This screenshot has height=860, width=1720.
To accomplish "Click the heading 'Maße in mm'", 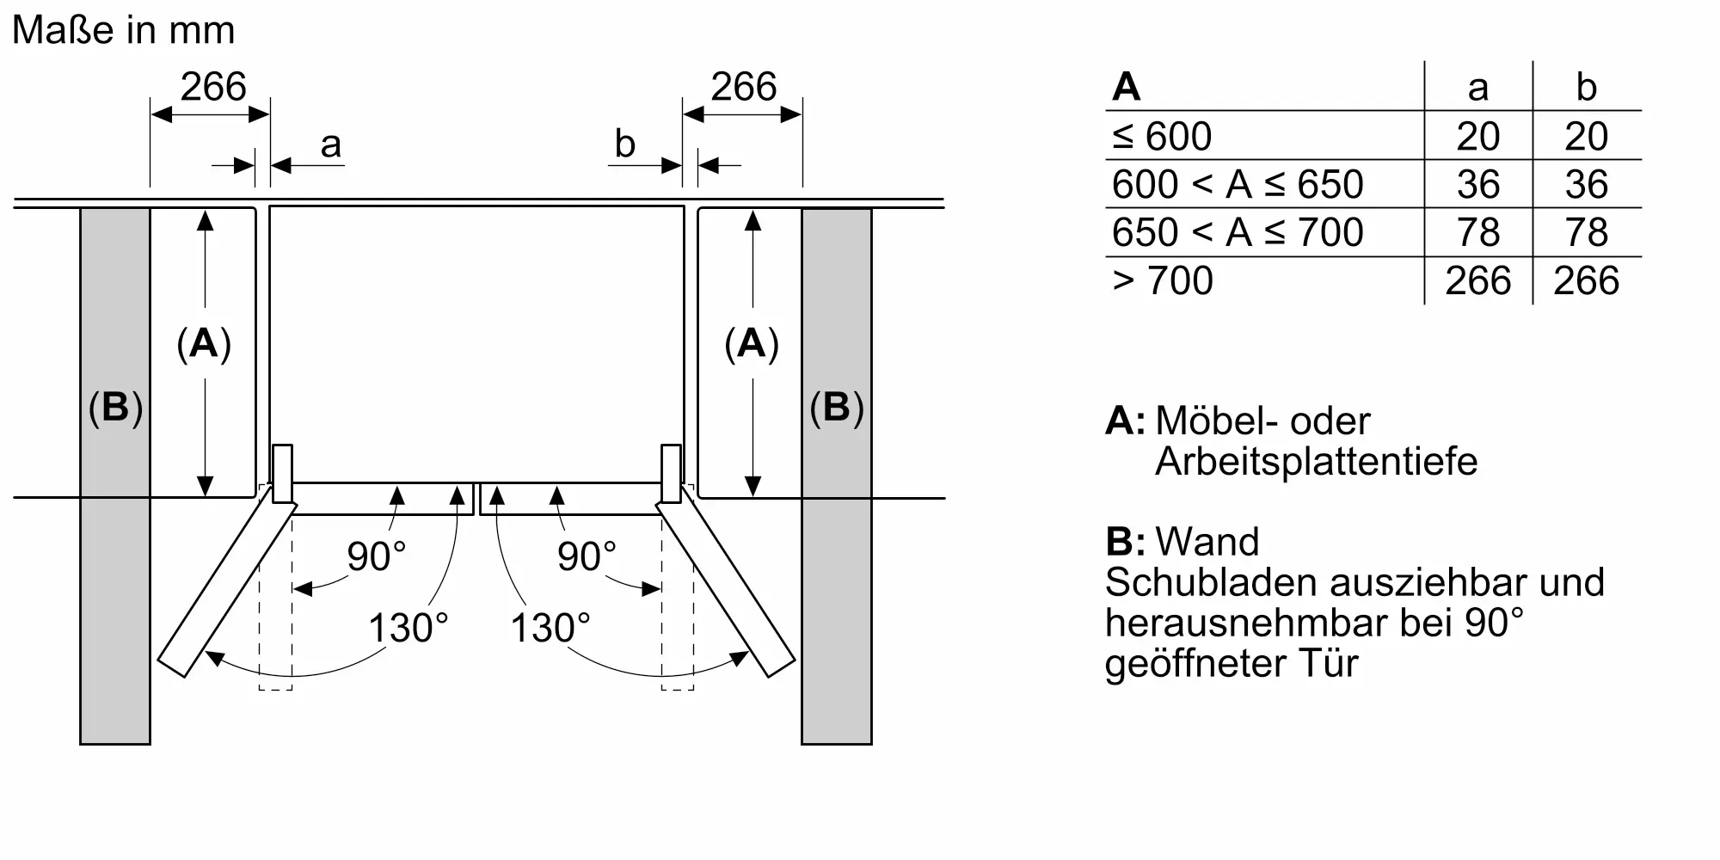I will click(123, 31).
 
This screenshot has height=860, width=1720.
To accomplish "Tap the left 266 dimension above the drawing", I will click(212, 87).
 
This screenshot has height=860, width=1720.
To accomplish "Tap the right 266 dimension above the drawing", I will click(743, 87).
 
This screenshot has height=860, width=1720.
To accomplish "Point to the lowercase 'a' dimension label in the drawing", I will click(330, 145).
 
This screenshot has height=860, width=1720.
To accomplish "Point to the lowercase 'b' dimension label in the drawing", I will click(624, 144).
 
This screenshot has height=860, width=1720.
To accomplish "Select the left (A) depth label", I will click(204, 344).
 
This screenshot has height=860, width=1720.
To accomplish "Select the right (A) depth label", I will click(752, 344).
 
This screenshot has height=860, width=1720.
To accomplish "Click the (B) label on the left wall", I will click(115, 407).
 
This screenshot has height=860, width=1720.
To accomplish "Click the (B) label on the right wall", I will click(836, 407).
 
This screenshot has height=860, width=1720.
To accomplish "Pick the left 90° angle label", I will click(376, 556).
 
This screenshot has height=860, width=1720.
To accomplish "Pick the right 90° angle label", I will click(587, 556).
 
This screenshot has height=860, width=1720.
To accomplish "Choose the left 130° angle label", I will click(408, 628).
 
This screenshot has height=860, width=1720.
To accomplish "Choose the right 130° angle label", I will click(550, 628).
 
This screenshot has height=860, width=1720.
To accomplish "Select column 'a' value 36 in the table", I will click(1477, 184).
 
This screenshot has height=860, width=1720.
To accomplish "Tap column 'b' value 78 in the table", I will click(1586, 232).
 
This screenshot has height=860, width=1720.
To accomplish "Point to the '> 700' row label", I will click(1163, 280).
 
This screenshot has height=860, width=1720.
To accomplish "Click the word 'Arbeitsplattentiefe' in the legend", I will click(1316, 462).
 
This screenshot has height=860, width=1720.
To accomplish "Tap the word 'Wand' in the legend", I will click(1207, 542).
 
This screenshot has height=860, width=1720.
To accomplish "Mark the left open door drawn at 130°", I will click(228, 590).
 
